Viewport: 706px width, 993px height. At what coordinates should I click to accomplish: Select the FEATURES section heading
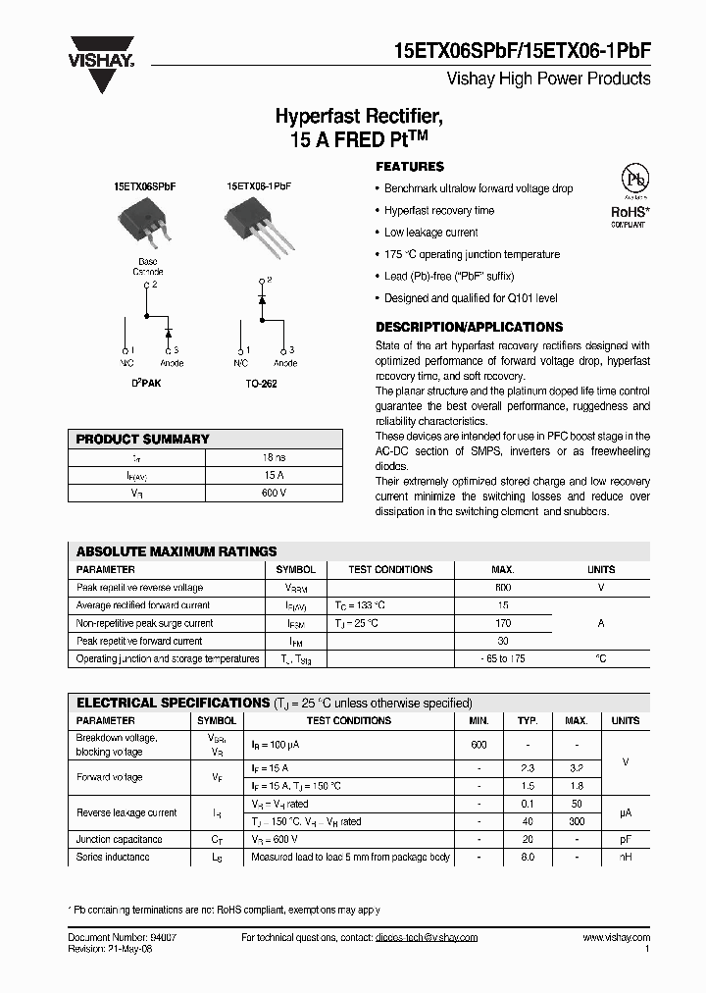410,167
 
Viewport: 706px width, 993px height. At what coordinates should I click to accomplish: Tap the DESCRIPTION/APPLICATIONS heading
469,327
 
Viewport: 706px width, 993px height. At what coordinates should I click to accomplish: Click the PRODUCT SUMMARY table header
143,440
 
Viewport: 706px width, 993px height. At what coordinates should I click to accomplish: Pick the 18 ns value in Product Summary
275,457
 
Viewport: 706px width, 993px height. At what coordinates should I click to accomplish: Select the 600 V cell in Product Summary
275,493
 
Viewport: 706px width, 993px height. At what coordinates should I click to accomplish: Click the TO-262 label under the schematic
261,384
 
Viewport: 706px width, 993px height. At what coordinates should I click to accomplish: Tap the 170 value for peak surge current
503,623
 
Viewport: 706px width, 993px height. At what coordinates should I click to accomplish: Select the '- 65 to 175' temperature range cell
503,658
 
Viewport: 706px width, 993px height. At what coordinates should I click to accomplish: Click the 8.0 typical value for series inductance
529,858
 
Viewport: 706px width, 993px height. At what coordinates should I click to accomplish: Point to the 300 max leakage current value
577,822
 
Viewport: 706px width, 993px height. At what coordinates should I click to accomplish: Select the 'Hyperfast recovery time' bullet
439,211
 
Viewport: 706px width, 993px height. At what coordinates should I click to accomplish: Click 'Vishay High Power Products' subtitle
548,78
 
